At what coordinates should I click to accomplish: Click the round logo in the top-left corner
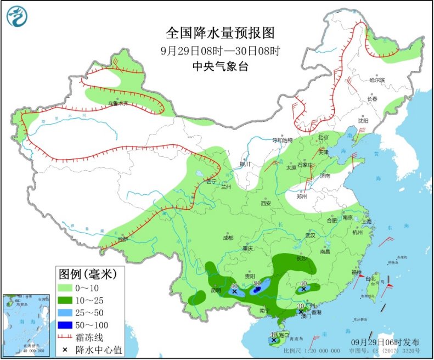[16, 16]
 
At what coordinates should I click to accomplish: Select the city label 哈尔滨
[377, 80]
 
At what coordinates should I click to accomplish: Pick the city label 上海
[367, 221]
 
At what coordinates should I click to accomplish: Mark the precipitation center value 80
[257, 283]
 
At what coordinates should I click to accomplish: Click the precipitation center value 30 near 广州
[300, 306]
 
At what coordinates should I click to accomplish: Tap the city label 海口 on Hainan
[284, 335]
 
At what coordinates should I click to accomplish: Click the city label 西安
[266, 203]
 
